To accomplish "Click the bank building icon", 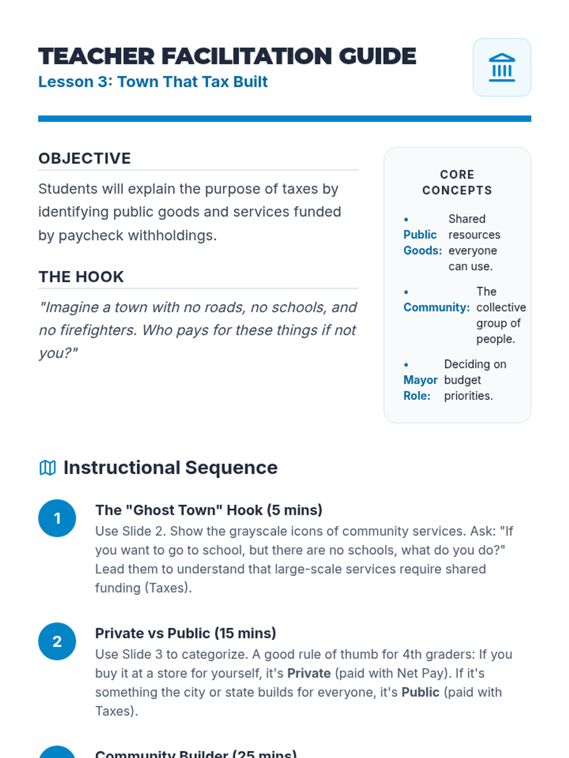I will [502, 67].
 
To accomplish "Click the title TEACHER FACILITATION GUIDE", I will [227, 56].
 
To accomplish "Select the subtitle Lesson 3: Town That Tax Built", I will [153, 82].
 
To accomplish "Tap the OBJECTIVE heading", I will [84, 158].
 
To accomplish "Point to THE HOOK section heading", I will [81, 277].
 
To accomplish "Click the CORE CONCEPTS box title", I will [457, 182].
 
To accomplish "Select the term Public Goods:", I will [422, 243].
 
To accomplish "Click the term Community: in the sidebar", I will [436, 307].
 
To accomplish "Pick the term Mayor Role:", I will [420, 388].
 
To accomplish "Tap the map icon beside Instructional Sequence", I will [47, 468].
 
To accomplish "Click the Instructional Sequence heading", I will [170, 468].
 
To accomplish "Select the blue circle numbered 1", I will [57, 518].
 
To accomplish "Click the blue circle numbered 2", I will [57, 641].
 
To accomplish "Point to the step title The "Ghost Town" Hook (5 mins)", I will [209, 510].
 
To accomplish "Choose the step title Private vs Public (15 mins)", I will [185, 633].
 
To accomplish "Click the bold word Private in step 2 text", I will [309, 673].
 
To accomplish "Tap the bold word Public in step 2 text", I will [420, 692].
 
